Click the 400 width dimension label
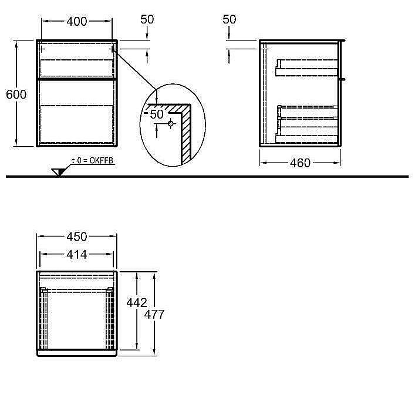coord(77,22)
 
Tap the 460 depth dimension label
coord(299,163)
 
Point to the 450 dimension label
coord(77,237)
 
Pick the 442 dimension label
coord(136,302)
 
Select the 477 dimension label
coord(154,314)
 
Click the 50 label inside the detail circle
coord(156,114)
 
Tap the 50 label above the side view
coord(230,19)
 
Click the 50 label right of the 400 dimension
coord(147,19)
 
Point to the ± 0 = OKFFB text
coord(92,160)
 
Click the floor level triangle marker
coord(58,171)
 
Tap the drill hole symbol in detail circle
coord(171,123)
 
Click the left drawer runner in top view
coord(42,318)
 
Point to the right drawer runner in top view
coord(112,318)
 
